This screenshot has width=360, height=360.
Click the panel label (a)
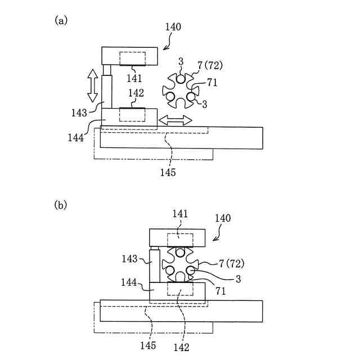(x=61, y=20)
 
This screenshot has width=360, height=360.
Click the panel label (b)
(x=61, y=205)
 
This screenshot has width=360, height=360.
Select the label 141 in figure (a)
(x=134, y=77)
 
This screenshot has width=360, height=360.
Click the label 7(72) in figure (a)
(x=210, y=65)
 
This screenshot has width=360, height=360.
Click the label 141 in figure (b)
(x=181, y=214)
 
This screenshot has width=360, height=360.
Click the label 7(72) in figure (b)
(x=231, y=263)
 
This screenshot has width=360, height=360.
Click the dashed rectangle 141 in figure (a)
(x=133, y=58)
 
